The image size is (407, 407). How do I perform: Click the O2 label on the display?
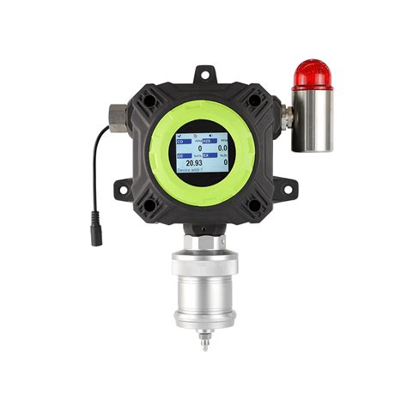181,155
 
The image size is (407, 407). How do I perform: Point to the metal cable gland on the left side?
116,114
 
